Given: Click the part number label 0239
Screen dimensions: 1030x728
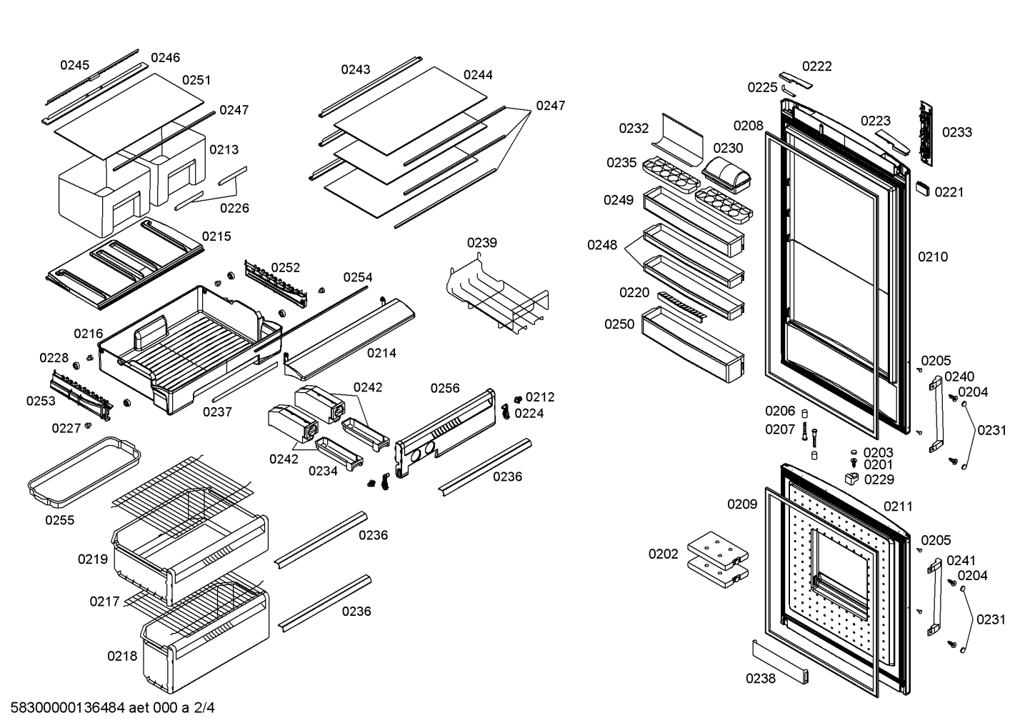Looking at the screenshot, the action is coord(482,242).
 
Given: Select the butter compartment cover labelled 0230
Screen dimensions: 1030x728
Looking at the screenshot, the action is coord(726,175).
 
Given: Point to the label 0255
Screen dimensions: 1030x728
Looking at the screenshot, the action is coord(60,520).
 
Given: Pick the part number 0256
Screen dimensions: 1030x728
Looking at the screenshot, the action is coord(445,388).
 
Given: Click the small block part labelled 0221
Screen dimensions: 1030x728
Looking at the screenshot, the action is coord(922,189).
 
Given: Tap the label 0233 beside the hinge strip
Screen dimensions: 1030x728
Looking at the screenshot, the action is coord(957,132).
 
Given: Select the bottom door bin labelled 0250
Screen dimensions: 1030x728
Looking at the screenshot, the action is coord(692,345).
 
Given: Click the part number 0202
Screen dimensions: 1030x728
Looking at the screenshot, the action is coord(663,554).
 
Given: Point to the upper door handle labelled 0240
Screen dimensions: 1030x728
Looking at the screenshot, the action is coord(936,414).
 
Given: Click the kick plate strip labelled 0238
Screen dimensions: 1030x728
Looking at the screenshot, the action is coord(780,662).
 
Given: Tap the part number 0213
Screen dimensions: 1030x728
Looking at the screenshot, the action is coord(224,149).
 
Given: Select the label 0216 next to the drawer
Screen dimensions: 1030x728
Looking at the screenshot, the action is coord(89,334).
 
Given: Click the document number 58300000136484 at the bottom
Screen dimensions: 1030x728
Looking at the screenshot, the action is coord(67,708).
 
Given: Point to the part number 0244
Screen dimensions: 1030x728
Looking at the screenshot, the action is coord(478,74).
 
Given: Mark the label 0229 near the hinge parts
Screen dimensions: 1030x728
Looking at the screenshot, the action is coord(879,479).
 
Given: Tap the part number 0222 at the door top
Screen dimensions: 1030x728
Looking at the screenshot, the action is coord(817,66).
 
